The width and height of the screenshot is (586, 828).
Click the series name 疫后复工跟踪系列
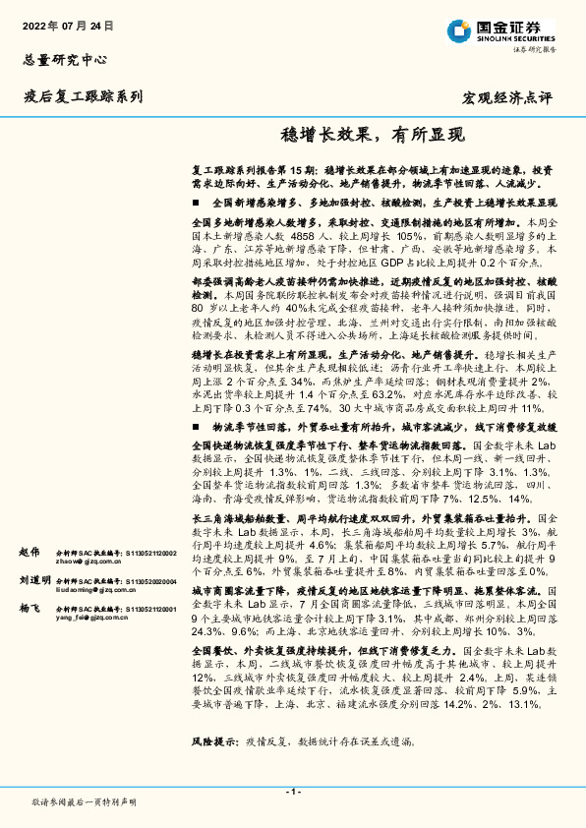(84, 96)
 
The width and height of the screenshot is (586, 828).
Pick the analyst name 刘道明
(33, 580)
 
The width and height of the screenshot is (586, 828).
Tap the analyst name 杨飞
(29, 610)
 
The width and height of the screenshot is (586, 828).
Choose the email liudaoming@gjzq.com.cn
(94, 591)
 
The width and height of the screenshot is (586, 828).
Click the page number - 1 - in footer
(292, 792)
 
